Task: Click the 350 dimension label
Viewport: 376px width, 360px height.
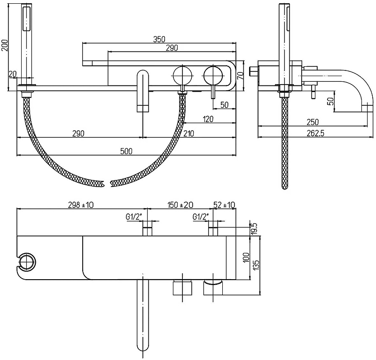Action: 159,39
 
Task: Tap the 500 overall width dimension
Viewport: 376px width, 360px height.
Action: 126,151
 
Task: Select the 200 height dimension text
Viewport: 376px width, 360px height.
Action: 5,45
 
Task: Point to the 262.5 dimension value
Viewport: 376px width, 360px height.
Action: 315,133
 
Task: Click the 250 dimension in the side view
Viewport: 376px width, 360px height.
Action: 313,122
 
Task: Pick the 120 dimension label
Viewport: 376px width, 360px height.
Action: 208,119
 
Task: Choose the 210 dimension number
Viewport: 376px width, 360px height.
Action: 188,133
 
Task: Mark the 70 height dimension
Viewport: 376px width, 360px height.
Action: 241,76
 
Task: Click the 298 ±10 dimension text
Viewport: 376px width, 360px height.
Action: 81,205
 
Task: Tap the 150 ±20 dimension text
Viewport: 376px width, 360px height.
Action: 180,205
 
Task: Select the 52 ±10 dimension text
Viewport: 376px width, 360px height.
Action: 224,205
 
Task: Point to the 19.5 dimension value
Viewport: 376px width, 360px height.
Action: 254,228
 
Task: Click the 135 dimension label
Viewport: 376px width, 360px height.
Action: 256,266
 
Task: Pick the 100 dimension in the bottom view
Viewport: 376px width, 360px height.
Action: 246,258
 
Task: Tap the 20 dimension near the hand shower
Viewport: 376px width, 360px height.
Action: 13,74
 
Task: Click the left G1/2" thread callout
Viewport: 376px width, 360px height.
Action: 134,217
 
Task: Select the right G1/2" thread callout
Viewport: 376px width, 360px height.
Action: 201,217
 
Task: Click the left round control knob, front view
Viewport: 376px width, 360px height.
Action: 182,75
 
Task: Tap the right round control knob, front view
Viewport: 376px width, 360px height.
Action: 213,75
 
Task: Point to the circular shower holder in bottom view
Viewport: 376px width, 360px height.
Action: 27,263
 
